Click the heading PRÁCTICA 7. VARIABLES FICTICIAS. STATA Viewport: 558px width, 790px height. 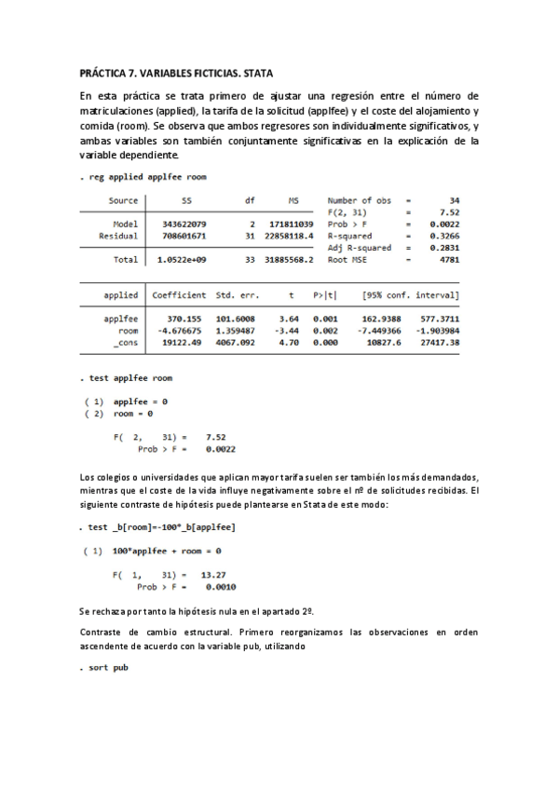click(177, 72)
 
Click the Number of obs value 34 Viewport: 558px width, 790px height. click(454, 200)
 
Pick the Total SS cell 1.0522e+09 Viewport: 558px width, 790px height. click(183, 260)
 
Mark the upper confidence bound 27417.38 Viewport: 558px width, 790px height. click(440, 342)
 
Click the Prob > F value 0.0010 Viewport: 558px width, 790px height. click(220, 587)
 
